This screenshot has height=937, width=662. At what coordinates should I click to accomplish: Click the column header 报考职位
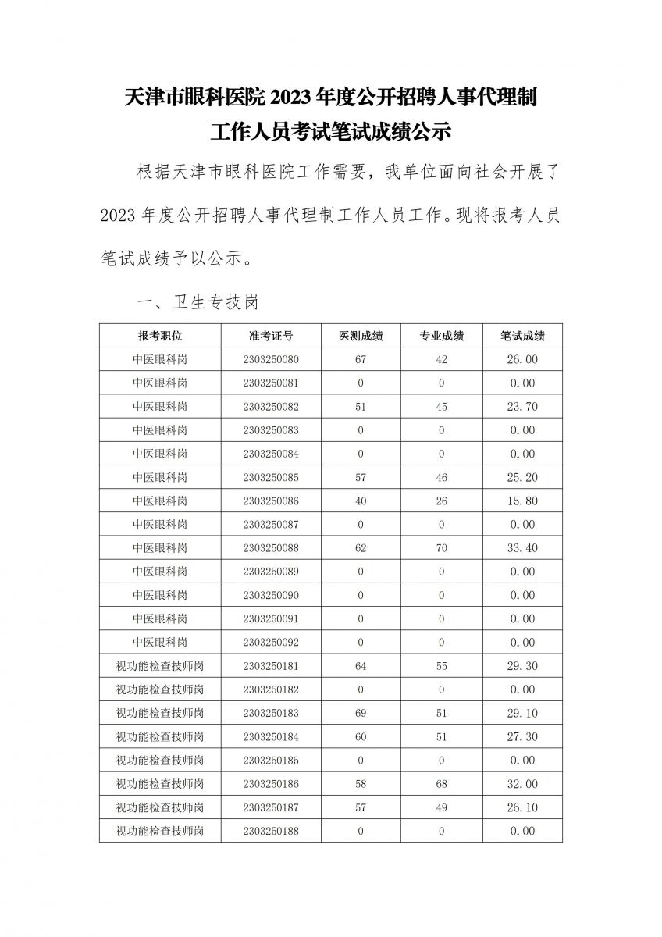point(160,336)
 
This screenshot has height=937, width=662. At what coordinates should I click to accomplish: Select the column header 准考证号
point(271,336)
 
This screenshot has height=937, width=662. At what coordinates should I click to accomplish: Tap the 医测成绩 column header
point(361,336)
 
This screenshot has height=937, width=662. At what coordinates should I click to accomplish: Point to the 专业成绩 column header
point(442,336)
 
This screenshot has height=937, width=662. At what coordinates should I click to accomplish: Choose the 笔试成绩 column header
point(522,336)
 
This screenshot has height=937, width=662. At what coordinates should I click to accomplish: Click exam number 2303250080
point(271,359)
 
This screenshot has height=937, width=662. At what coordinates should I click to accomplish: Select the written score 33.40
point(522,548)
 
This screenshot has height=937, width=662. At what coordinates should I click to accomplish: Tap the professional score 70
point(442,548)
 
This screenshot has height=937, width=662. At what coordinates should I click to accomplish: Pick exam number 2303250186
point(271,784)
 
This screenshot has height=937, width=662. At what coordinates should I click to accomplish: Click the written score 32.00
point(522,784)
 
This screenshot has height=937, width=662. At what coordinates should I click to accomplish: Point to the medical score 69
point(361,713)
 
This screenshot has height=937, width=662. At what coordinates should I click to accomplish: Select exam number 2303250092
point(271,643)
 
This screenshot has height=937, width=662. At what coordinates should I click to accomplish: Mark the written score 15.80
point(522,501)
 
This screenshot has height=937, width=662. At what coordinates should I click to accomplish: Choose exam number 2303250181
point(271,666)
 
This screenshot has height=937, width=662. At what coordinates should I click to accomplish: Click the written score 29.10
point(522,713)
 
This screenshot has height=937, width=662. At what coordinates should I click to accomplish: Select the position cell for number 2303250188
point(160,831)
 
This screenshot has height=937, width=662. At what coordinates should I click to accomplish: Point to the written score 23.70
point(522,407)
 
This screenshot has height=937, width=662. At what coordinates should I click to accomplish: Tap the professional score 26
point(442,501)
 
